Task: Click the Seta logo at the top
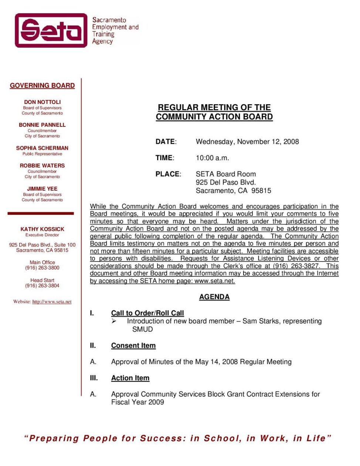[x=51, y=30]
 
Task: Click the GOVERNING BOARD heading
[x=42, y=85]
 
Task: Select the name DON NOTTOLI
[x=42, y=102]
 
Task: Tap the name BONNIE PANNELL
[x=42, y=125]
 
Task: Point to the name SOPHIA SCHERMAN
[x=42, y=148]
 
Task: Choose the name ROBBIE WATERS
[x=42, y=166]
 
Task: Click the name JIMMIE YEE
[x=42, y=189]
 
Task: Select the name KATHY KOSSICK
[x=42, y=229]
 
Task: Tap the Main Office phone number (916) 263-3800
[x=42, y=268]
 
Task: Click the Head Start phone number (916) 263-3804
[x=42, y=286]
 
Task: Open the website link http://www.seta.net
[x=52, y=302]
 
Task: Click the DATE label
[x=165, y=142]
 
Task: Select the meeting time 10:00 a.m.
[x=212, y=158]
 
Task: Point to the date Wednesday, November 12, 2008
[x=247, y=142]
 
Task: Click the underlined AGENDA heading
[x=214, y=297]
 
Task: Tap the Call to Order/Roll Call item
[x=147, y=313]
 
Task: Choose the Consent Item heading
[x=133, y=346]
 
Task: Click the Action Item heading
[x=130, y=378]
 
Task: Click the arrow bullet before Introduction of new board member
[x=114, y=321]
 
